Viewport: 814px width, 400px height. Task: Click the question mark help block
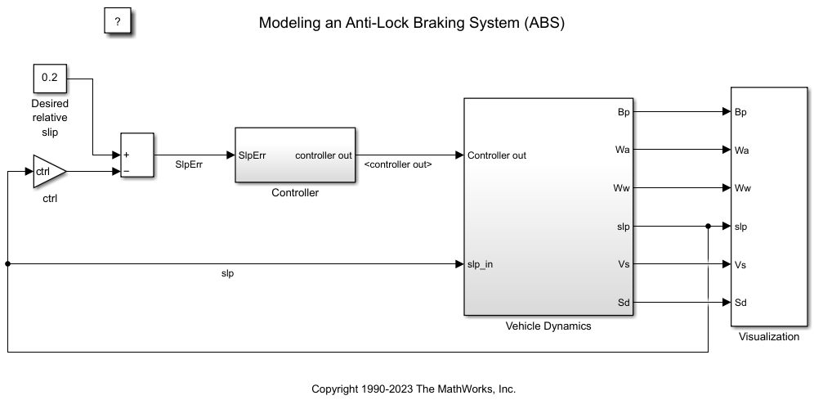tap(118, 22)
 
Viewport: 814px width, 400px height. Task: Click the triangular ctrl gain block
tap(47, 171)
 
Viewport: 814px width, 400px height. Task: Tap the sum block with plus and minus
tap(136, 155)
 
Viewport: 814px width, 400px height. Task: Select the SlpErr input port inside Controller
tap(252, 155)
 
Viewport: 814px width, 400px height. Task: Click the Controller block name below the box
tap(295, 193)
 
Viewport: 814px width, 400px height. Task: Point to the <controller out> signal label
tap(397, 164)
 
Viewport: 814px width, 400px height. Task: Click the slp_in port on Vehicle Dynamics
tap(480, 264)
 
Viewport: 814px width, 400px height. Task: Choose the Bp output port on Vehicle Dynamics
tap(624, 112)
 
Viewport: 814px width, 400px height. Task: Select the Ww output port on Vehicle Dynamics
tap(621, 188)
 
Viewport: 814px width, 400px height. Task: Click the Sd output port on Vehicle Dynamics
tap(623, 303)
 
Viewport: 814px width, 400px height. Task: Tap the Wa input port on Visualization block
tap(742, 151)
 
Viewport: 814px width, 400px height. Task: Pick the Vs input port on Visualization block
tap(741, 265)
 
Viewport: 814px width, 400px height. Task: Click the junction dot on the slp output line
tap(708, 227)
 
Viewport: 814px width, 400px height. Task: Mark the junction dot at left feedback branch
tap(7, 264)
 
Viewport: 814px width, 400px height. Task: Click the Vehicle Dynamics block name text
tap(548, 326)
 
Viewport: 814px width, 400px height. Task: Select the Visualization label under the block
tap(768, 336)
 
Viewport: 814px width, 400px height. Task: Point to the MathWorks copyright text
tap(414, 389)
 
